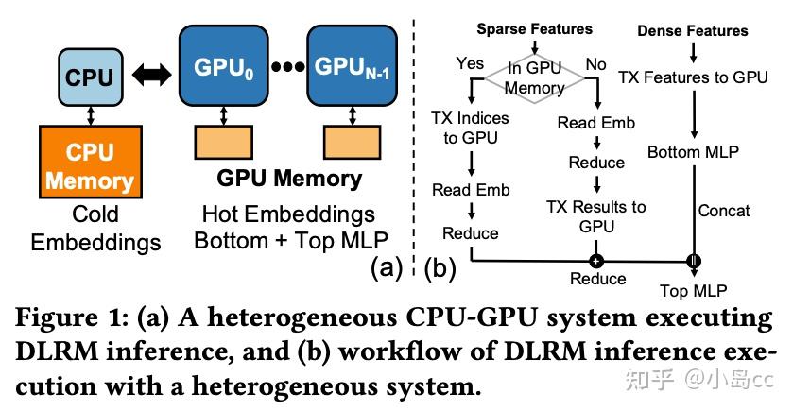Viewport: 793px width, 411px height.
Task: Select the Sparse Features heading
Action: (x=534, y=29)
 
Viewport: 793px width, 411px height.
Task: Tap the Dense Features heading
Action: (x=694, y=30)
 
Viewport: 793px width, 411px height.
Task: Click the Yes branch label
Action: (x=470, y=63)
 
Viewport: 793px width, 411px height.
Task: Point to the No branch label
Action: (x=597, y=63)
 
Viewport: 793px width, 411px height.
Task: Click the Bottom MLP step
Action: (x=692, y=151)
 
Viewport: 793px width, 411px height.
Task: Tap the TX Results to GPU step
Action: (x=596, y=215)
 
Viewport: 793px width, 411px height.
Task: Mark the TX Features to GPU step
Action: (x=693, y=77)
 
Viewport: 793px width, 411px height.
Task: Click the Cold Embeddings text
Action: (x=95, y=229)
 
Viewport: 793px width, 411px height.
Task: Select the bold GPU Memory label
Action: (x=289, y=179)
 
